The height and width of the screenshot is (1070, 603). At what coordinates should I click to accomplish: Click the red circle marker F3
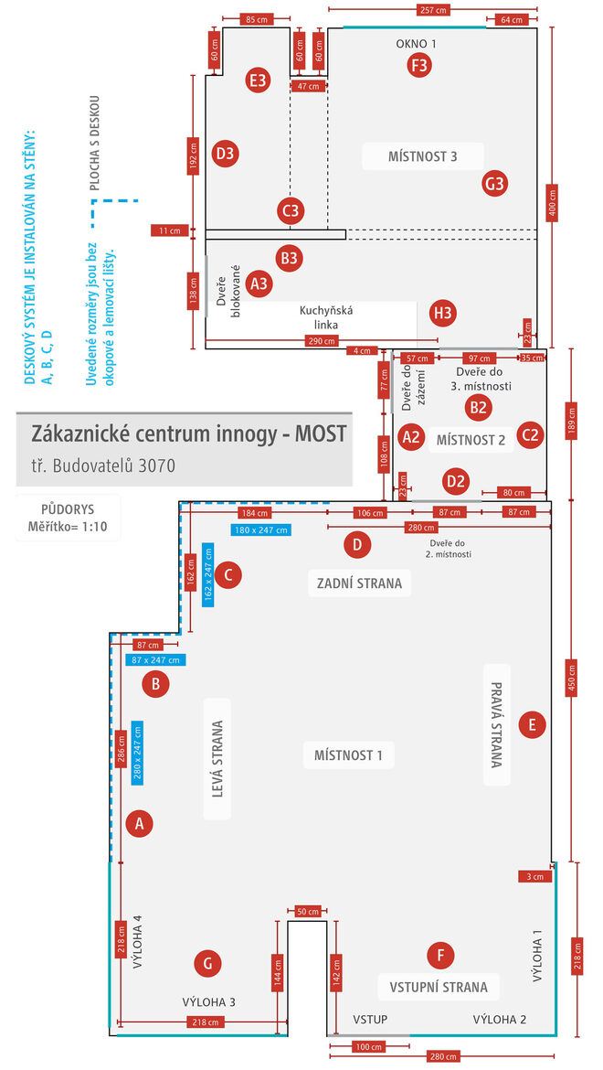pos(419,65)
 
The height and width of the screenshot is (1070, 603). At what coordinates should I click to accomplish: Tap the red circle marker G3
pos(494,184)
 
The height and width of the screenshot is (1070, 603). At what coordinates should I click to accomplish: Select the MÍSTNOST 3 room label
pos(422,156)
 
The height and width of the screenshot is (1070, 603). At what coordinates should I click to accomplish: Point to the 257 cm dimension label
pos(433,10)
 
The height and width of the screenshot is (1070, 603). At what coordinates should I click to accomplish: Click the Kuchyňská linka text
pos(326,317)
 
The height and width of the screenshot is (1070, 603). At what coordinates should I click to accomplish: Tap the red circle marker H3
pos(443,314)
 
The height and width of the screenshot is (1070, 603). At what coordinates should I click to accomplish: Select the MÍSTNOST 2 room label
pos(471,440)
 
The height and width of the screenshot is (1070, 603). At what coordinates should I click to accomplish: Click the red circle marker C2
pos(530,435)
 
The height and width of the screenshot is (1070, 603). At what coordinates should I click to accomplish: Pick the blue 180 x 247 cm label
pos(261,530)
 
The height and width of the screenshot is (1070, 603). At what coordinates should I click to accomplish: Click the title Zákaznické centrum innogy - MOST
pos(189,433)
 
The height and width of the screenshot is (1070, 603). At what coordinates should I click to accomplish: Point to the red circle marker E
pos(532,725)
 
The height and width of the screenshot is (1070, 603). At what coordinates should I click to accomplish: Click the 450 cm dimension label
pos(573,678)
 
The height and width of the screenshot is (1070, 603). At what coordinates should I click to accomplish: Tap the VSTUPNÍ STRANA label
pos(439,987)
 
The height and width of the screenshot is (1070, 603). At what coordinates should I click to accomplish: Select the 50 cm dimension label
pos(308,911)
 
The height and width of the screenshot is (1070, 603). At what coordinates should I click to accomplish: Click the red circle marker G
pos(208,962)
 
